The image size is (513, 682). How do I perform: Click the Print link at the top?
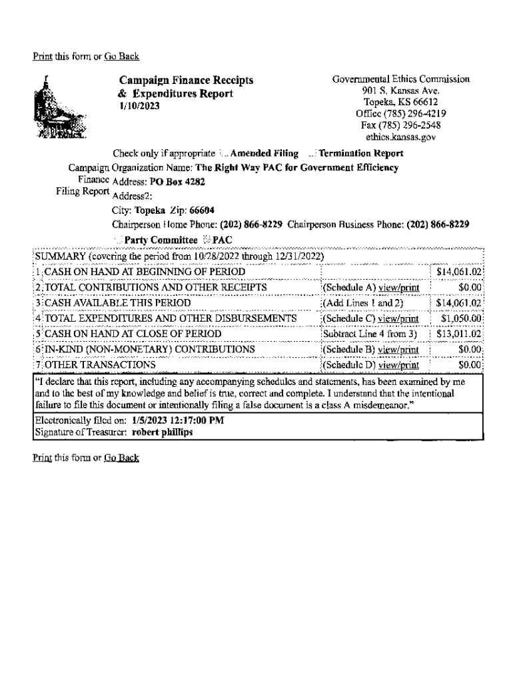(x=41, y=56)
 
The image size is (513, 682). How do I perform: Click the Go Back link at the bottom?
(x=121, y=458)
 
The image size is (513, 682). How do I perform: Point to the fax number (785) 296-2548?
(x=409, y=125)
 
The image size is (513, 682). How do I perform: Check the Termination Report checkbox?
(x=314, y=153)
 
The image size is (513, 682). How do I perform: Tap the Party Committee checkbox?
(x=119, y=240)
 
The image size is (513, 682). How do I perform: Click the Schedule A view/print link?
(x=398, y=288)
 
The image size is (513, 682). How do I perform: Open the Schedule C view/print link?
(x=398, y=318)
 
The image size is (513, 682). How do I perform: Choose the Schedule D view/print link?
(x=398, y=365)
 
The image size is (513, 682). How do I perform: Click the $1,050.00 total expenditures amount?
(x=461, y=318)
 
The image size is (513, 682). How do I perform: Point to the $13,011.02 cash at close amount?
(x=458, y=334)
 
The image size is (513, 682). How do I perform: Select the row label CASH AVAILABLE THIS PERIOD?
(x=108, y=303)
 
